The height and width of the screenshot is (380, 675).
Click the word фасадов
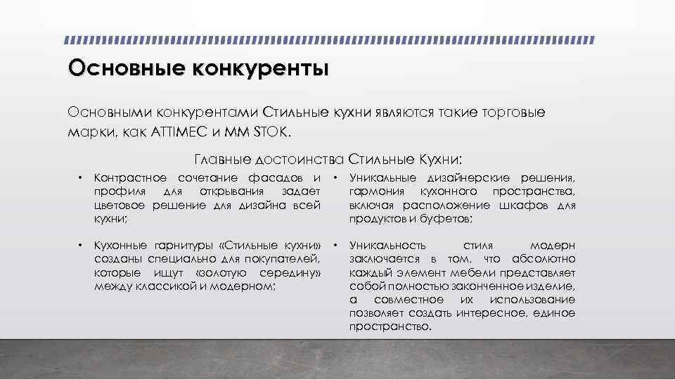pyautogui.click(x=280, y=177)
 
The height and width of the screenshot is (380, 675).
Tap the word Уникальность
pyautogui.click(x=387, y=246)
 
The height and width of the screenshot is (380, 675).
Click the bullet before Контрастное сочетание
pyautogui.click(x=81, y=177)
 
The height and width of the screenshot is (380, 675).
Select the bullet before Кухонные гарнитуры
pyautogui.click(x=81, y=246)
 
